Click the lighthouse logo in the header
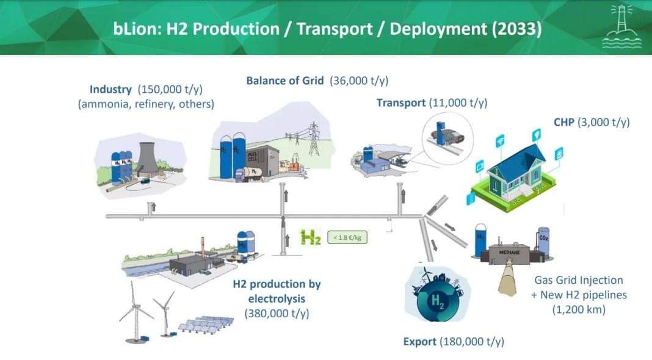(621, 27)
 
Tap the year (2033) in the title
(517, 29)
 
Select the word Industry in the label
(110, 89)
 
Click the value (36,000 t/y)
(359, 81)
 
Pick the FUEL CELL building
(262, 161)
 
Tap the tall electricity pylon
(314, 139)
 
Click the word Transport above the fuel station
(401, 103)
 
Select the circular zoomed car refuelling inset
(447, 139)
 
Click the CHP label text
(564, 122)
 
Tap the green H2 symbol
(311, 237)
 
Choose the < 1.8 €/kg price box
(347, 237)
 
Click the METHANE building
(509, 253)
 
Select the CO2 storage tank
(543, 242)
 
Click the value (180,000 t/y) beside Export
(473, 342)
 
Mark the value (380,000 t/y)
(277, 313)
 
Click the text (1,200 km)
(579, 309)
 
